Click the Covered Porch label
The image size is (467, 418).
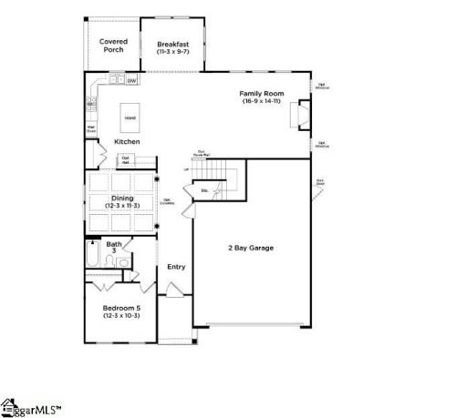tap(113, 45)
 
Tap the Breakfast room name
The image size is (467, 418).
tap(172, 44)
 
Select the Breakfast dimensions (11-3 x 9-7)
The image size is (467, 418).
tap(172, 52)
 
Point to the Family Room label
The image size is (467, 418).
tap(262, 93)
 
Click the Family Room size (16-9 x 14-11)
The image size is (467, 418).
tap(262, 101)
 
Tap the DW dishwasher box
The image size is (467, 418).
tap(132, 81)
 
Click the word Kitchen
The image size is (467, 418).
tap(127, 141)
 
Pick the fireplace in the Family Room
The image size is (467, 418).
tap(296, 117)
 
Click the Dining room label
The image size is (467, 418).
tap(122, 198)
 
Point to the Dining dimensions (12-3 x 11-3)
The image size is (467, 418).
tap(122, 207)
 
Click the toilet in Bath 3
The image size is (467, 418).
tap(109, 262)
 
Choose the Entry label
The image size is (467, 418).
tap(176, 267)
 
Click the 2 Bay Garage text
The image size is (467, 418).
tap(251, 248)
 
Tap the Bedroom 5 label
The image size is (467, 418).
tap(121, 308)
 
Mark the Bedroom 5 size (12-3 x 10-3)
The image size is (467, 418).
tap(121, 316)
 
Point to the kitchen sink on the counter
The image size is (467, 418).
tap(116, 81)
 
